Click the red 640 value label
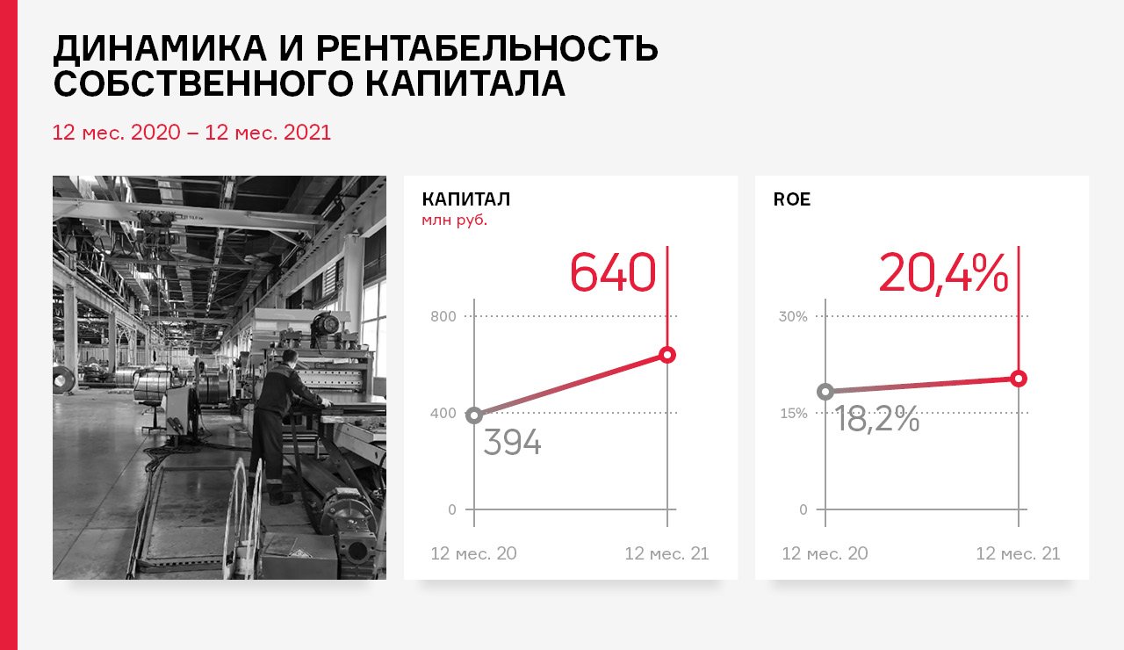[613, 272]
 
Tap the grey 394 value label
[512, 442]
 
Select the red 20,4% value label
[943, 273]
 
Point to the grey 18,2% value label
[877, 419]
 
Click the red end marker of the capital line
[667, 355]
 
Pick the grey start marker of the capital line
[474, 415]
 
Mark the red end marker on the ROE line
[1019, 379]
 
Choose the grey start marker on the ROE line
[825, 392]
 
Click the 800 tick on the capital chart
[443, 316]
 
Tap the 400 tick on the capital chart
[443, 413]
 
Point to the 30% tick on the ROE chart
[793, 316]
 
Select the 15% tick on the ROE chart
[794, 413]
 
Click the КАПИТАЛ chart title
[466, 199]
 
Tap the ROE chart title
[792, 199]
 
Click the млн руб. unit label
[455, 220]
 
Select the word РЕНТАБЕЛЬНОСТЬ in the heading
[486, 48]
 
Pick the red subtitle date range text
[191, 133]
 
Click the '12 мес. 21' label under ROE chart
[1018, 553]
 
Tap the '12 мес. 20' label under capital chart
[473, 553]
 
